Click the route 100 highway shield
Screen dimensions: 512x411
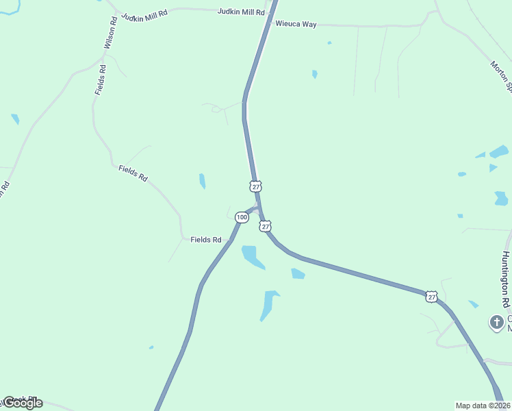(242, 217)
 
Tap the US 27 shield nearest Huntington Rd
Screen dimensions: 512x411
(431, 296)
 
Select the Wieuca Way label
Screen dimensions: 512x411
(296, 24)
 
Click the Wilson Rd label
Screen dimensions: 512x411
(110, 33)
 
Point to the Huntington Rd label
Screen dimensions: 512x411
(506, 279)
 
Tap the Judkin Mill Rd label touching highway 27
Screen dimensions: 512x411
(241, 12)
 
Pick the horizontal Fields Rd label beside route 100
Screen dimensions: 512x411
(206, 240)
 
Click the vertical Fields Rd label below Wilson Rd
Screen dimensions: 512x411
(101, 79)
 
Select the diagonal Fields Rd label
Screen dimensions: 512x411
(133, 173)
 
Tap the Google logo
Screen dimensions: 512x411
(23, 403)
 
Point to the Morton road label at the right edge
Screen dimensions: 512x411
(500, 75)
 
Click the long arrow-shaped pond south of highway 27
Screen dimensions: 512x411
(268, 304)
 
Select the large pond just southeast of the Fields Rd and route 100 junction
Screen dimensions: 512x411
(253, 257)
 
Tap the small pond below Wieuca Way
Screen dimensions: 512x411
(315, 74)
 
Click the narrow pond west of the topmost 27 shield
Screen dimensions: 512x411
(202, 181)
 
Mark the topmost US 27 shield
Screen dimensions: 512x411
(256, 186)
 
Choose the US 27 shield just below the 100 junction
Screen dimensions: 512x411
(266, 226)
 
